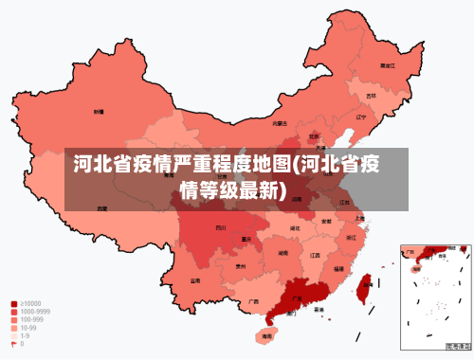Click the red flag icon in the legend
coord(14,344)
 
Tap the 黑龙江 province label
coord(387,66)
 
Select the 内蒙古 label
coord(280,123)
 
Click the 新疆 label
coord(99,112)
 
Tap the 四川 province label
coord(221,228)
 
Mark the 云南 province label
coord(195,280)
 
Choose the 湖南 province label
coord(283,253)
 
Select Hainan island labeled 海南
coord(267,335)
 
